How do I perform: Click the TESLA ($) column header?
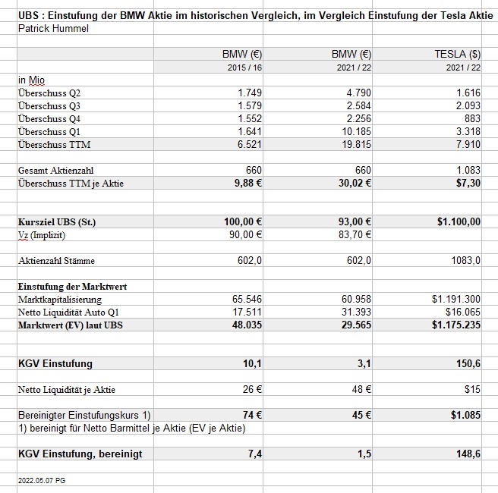(457, 54)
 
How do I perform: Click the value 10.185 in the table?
(354, 131)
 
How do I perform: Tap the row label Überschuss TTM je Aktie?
(71, 183)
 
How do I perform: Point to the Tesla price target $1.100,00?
(459, 221)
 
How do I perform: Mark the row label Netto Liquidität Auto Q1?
(69, 312)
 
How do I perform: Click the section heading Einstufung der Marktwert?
(72, 286)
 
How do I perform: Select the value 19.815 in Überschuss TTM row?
(354, 144)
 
